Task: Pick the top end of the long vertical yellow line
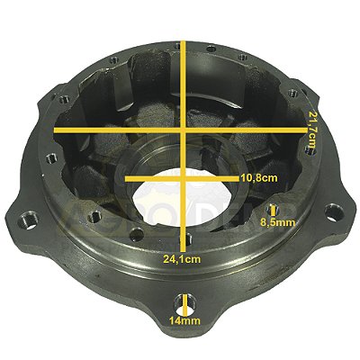click(184, 40)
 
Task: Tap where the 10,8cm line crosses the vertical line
click(184, 178)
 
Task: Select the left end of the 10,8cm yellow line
click(126, 178)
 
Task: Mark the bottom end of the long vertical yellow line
click(184, 247)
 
